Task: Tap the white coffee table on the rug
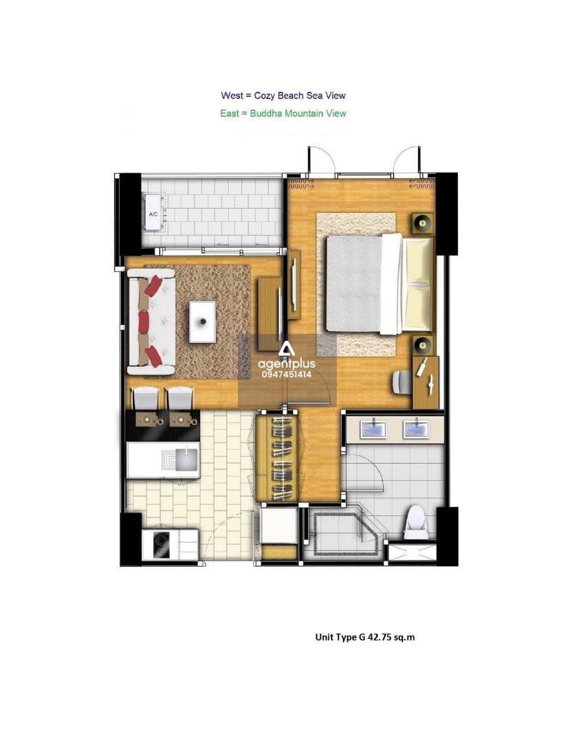[202, 322]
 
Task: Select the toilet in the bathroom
[416, 521]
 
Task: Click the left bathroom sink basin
[373, 429]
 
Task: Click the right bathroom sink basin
[416, 429]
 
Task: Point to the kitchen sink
[187, 458]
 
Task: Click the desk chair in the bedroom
[403, 383]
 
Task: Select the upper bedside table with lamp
[423, 223]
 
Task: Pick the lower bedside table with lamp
[423, 346]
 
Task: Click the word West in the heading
[232, 95]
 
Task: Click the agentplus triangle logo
[287, 350]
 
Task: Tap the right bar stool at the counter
[180, 399]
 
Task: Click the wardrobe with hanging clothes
[277, 458]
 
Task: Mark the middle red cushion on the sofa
[144, 322]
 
